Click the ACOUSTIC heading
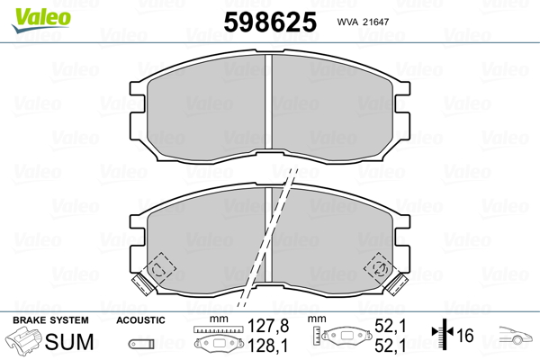[x=140, y=319]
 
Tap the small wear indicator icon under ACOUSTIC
[x=140, y=342]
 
